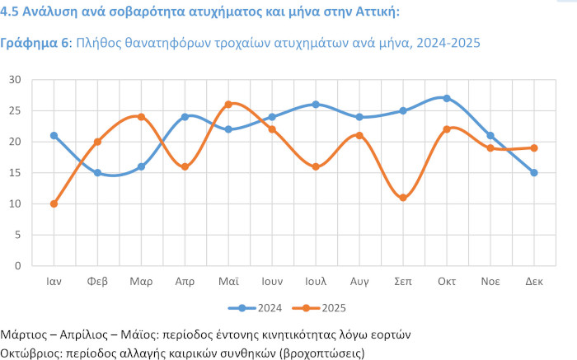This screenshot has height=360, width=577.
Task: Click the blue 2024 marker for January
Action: [54, 135]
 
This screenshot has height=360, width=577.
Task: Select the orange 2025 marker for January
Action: [54, 203]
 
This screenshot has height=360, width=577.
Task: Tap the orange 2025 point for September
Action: [403, 198]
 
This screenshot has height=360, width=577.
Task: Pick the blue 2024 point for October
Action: [447, 98]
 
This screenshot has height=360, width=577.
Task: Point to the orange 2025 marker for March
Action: [141, 117]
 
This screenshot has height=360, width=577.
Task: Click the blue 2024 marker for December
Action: [534, 173]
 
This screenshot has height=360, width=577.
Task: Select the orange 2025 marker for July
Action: [316, 166]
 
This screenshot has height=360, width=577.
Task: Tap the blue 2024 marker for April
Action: [185, 117]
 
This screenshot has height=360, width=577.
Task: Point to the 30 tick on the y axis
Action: [14, 80]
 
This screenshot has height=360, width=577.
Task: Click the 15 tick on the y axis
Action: [14, 173]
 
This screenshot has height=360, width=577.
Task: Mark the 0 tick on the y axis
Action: [17, 266]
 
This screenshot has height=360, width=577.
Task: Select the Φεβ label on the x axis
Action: [97, 281]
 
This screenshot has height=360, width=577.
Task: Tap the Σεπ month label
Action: [403, 281]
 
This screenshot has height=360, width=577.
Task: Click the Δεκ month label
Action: [534, 281]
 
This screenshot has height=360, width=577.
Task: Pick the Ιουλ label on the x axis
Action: [316, 281]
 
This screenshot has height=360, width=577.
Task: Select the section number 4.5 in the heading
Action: [11, 12]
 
